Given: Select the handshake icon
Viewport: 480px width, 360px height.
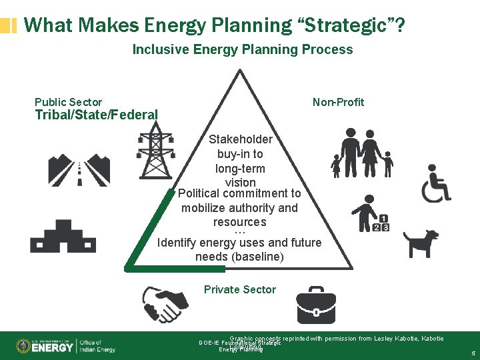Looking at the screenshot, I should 165,304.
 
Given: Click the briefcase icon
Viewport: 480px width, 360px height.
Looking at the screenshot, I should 317,305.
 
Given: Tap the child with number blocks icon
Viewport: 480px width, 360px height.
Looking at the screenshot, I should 371,215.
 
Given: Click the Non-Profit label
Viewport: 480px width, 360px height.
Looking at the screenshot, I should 338,102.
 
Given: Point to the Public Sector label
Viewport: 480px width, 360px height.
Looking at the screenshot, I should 68,102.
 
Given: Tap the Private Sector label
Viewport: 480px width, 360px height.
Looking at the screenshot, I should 239,289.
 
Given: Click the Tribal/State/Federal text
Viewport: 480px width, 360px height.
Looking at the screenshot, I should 96,115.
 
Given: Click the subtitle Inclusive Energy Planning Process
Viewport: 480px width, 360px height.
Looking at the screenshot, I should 243,49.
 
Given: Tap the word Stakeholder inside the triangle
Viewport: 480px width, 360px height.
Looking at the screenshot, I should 240,139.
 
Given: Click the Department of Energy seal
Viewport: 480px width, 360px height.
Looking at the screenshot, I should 23,346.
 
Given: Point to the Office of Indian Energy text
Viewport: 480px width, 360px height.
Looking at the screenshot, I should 97,346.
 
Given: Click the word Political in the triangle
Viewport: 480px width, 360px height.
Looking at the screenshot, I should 201,193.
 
